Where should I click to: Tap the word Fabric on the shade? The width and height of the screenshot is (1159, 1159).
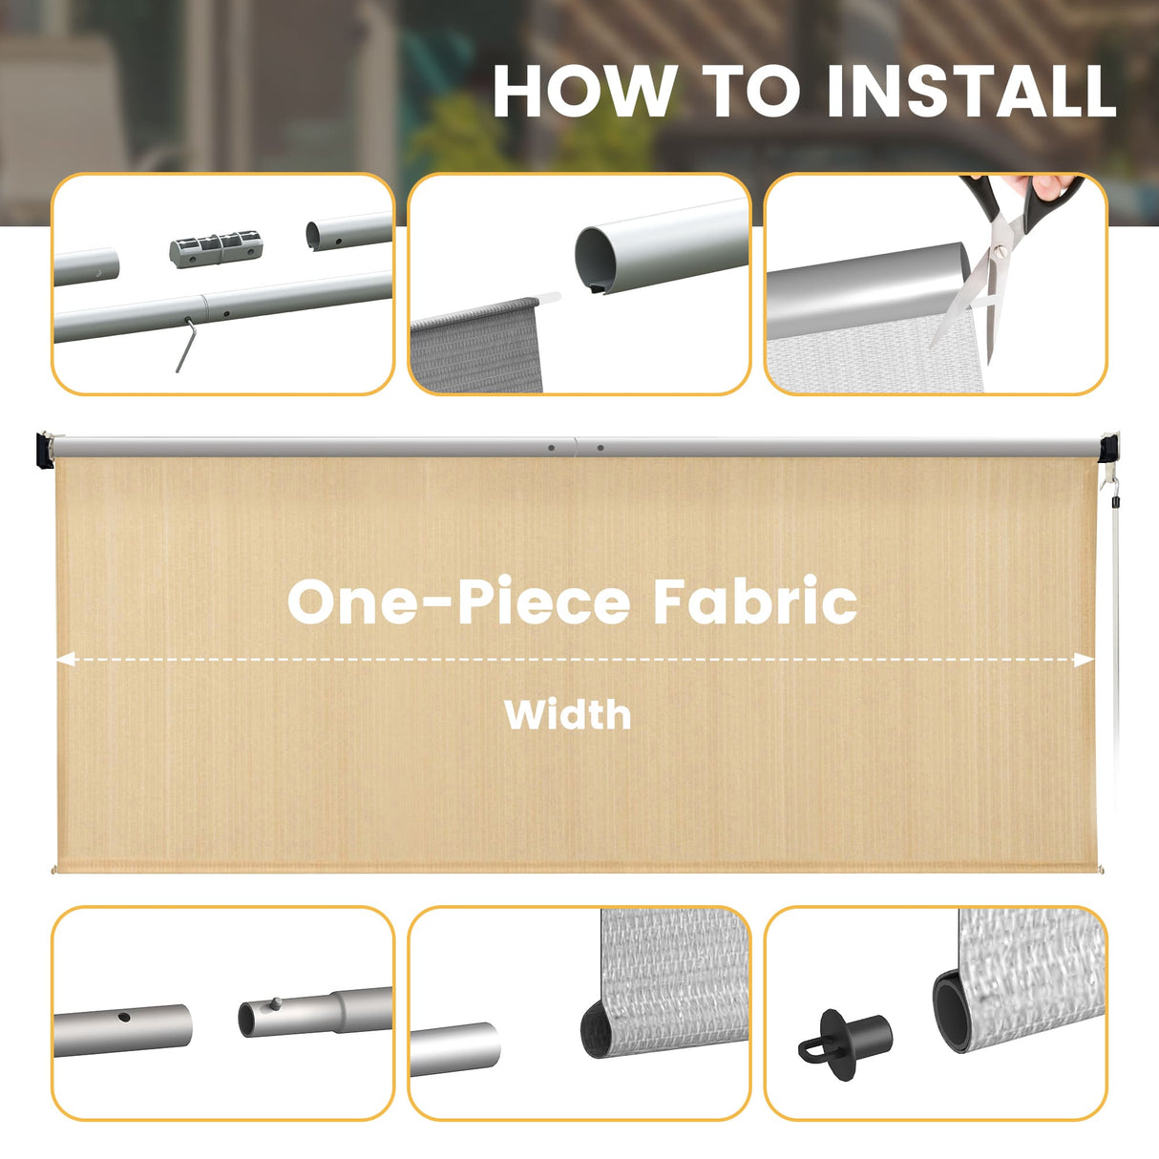754,601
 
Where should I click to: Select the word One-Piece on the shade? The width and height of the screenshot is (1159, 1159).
458,601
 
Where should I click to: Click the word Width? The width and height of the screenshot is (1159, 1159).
568,714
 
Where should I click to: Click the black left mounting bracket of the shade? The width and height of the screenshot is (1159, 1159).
43,450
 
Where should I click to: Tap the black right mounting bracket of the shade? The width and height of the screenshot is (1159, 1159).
1107,449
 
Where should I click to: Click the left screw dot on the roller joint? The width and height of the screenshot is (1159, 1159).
551,447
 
